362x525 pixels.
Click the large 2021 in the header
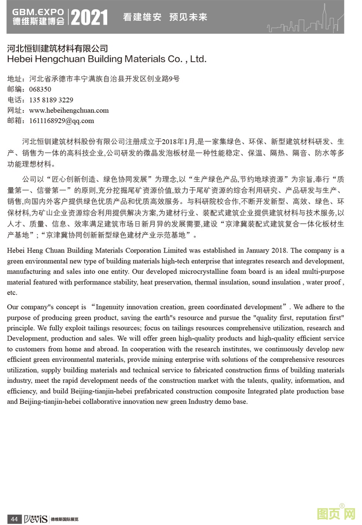pos(89,17)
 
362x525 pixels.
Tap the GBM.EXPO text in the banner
pos(38,12)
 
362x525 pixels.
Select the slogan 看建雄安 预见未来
pos(165,17)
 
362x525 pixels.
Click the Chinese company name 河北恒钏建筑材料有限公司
pos(58,48)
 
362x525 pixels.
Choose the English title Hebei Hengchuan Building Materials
pos(106,59)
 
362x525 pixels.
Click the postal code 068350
pos(40,89)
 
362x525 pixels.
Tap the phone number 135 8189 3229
pos(51,100)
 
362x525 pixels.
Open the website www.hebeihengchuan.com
pos(69,110)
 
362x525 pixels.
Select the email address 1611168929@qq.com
pos(61,121)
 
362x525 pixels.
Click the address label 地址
pos(15,79)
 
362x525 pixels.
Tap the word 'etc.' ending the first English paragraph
pos(12,293)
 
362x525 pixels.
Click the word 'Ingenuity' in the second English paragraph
pos(110,307)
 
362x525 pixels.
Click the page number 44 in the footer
pos(14,519)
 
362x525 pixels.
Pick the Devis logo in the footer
pos(35,519)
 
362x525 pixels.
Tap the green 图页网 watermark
pos(336,514)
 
